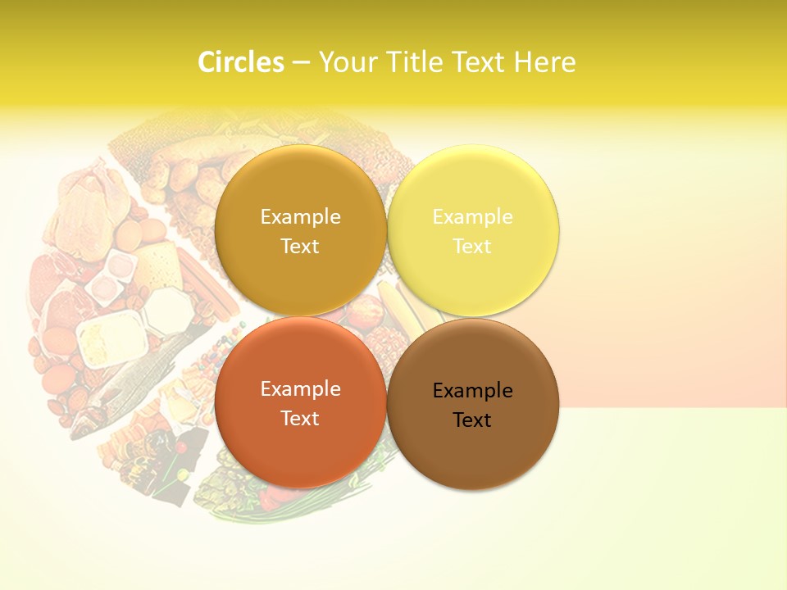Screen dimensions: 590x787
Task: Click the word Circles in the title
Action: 240,61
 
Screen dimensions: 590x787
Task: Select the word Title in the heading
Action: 415,61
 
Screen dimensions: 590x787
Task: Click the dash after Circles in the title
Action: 301,62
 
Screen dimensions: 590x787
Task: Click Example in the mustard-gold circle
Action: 300,217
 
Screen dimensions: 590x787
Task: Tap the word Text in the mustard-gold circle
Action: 300,247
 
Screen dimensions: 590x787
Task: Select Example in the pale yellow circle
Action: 472,217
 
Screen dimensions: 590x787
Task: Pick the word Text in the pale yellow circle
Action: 472,247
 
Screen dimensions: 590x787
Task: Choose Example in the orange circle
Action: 300,389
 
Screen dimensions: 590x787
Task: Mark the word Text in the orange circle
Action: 300,419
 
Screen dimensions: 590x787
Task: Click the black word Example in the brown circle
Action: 472,391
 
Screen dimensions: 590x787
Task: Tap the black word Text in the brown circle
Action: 472,420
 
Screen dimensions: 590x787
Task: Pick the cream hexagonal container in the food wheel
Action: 166,308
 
